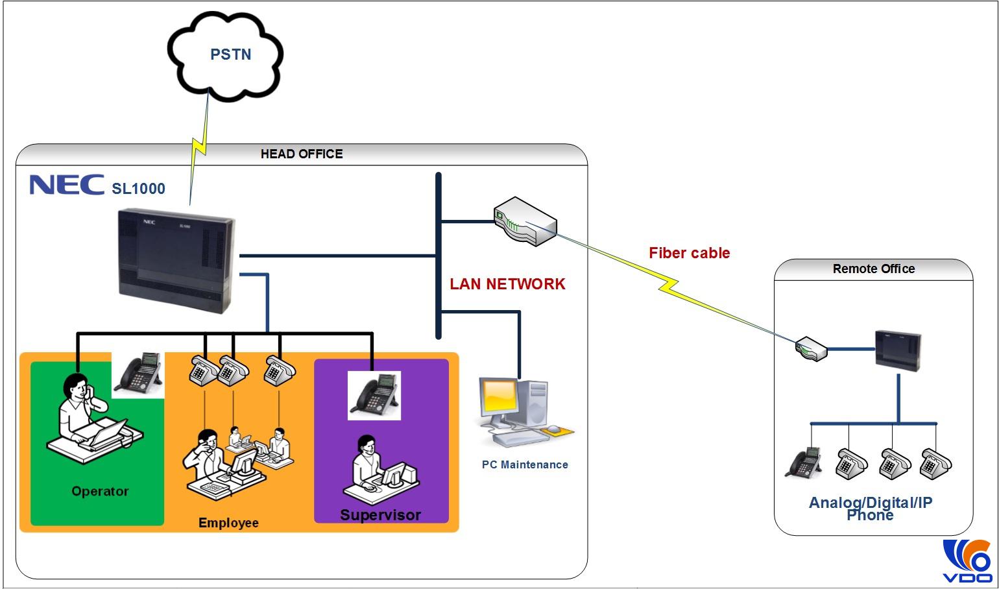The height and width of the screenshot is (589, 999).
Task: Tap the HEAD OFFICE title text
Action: (302, 154)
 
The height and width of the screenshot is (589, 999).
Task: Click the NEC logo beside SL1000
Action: (67, 185)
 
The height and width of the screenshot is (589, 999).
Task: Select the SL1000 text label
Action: (138, 189)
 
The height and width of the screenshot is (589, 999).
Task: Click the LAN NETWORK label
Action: (507, 284)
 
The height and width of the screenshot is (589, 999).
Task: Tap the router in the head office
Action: (525, 221)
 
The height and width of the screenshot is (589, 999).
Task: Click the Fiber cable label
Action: (689, 253)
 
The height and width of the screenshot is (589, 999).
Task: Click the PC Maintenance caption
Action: (525, 464)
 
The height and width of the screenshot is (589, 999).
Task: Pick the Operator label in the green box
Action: (100, 491)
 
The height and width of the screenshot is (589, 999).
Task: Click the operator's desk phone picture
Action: (138, 374)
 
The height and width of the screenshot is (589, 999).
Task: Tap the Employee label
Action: (228, 523)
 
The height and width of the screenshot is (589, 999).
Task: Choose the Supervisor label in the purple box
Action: (381, 515)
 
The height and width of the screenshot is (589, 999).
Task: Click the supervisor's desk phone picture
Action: (374, 394)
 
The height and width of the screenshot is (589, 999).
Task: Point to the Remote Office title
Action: (873, 269)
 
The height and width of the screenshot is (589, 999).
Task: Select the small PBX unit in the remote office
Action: (898, 350)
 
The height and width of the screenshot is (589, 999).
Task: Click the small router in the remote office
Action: (812, 348)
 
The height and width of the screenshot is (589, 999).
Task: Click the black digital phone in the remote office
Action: (804, 463)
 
